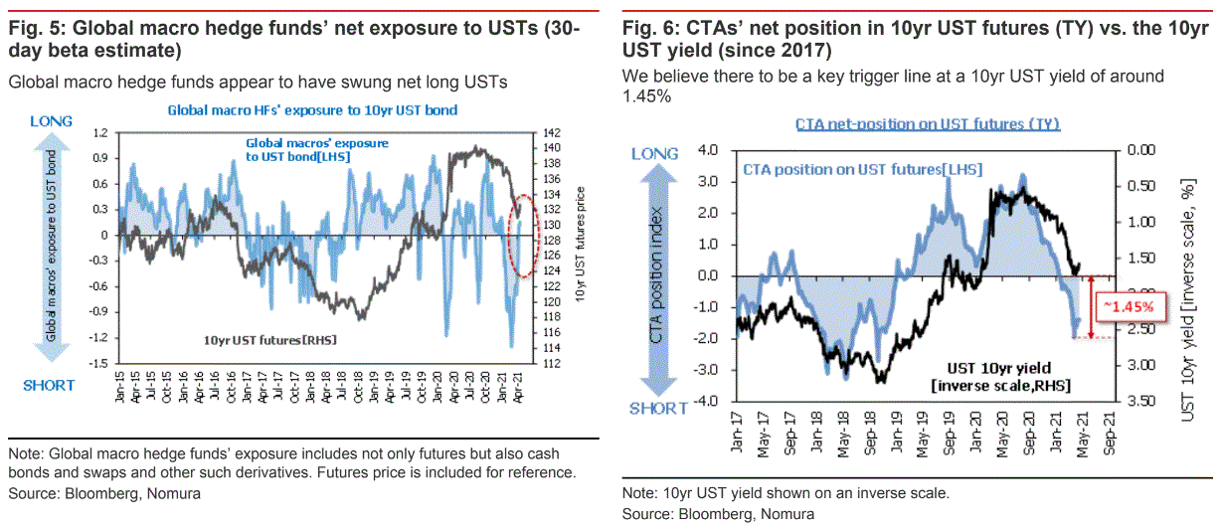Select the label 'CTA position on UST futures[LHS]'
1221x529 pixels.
click(x=862, y=170)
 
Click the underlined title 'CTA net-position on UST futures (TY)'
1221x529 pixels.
click(x=927, y=124)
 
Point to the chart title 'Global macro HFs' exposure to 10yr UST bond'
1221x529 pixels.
click(x=312, y=110)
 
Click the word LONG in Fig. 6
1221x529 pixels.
click(x=654, y=154)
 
